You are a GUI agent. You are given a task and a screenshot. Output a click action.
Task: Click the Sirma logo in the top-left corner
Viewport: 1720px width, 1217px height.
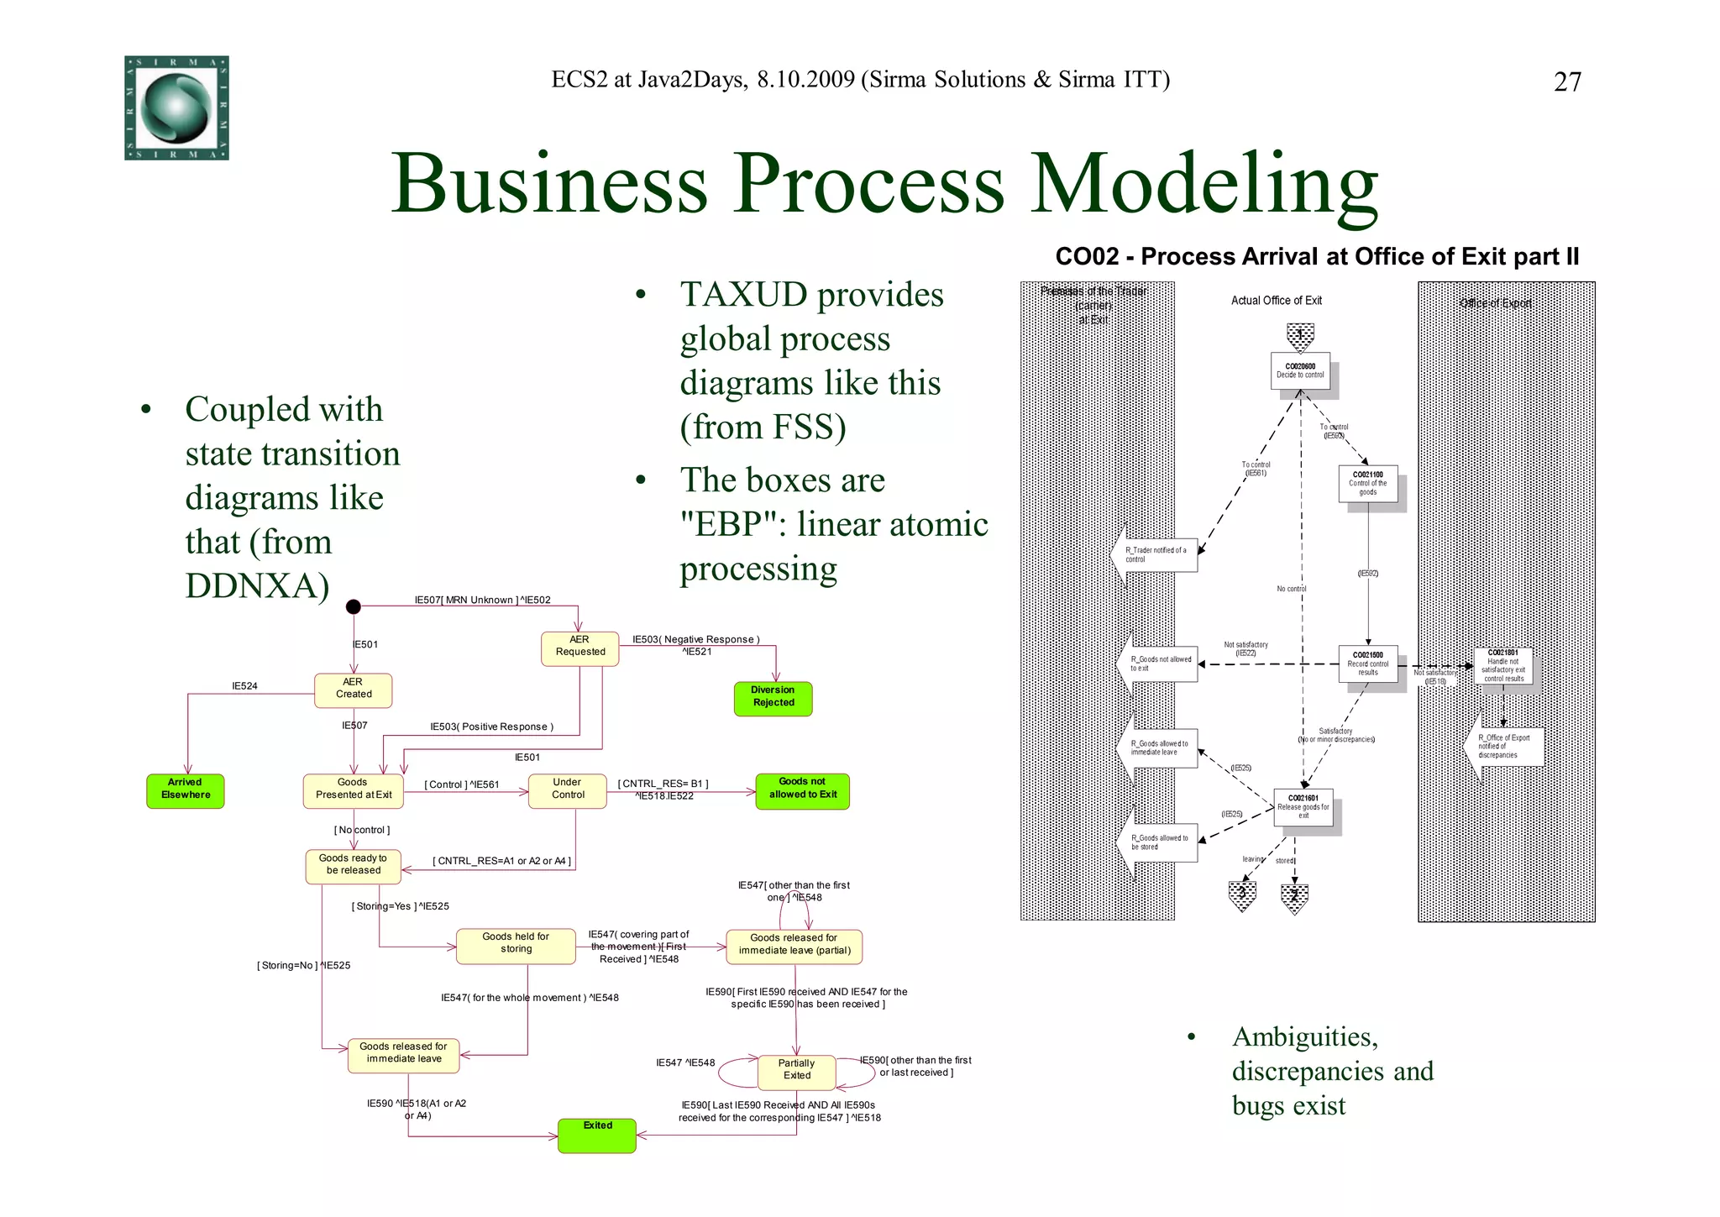coord(176,108)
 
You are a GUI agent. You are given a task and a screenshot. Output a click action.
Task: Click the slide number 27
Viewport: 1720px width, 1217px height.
coord(1567,82)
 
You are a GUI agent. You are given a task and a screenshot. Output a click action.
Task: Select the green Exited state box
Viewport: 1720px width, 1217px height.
coord(597,1136)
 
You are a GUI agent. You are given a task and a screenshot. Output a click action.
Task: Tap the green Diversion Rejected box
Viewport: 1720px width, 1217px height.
coord(773,698)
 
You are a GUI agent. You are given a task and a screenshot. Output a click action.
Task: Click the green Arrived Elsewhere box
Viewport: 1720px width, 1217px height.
coord(186,790)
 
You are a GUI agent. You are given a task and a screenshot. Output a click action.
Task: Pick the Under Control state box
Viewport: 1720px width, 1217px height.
coord(568,790)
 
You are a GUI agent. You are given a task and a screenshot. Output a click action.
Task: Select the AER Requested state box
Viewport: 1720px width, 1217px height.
coord(579,648)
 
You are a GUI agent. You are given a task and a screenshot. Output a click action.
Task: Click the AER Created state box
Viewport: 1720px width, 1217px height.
coord(353,690)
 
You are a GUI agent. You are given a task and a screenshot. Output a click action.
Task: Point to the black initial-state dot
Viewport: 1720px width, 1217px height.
coord(354,606)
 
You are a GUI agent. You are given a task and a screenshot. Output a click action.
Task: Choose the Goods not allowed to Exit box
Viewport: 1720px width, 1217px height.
coord(802,790)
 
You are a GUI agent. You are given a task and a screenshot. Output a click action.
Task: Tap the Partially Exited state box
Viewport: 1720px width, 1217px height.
coord(796,1071)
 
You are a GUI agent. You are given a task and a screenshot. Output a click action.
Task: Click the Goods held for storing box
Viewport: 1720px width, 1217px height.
coord(516,945)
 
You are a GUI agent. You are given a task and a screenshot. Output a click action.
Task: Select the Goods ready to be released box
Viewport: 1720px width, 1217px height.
coord(353,866)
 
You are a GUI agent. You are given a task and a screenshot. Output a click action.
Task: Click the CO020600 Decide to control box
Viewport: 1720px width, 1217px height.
coord(1300,370)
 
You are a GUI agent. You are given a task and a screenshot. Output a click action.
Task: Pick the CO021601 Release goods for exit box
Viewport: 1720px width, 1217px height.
coord(1303,807)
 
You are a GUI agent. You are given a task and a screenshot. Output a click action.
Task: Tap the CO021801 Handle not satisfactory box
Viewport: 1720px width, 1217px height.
coord(1503,665)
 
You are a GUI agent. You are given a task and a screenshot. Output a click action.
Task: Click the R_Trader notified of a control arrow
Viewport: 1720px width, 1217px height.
coord(1156,555)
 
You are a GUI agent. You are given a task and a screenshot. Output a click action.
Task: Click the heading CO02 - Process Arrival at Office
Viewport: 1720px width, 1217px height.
coord(1316,256)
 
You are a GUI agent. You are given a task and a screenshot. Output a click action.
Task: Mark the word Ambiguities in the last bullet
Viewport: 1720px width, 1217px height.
coord(1304,1037)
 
